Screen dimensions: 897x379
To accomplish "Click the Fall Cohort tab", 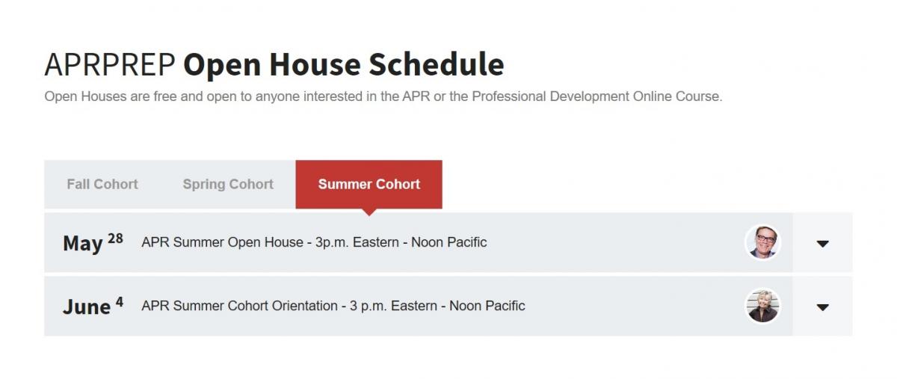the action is tap(102, 185).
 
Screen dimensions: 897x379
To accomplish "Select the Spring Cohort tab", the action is tap(228, 185).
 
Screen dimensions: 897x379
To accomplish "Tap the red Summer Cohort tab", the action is tap(369, 185).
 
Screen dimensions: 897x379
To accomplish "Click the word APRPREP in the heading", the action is tap(110, 64).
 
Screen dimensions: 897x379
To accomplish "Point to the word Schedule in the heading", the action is tap(436, 64).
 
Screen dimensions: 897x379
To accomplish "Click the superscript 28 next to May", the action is tap(115, 238).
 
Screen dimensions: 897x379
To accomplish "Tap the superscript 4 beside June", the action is tap(120, 302).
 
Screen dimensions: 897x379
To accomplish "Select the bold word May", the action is tap(83, 244).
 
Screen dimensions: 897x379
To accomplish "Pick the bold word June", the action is tap(87, 307).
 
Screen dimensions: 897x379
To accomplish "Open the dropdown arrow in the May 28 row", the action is tap(822, 244).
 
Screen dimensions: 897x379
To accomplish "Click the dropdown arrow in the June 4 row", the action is tap(822, 307).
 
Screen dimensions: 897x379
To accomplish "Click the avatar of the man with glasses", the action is tap(763, 242).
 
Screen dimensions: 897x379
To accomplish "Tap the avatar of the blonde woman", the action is tap(763, 306).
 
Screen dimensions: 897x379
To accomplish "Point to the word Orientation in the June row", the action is tap(304, 306).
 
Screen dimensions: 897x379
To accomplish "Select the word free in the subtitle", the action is tap(165, 96).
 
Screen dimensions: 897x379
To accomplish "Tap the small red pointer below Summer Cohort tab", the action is tap(369, 212).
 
